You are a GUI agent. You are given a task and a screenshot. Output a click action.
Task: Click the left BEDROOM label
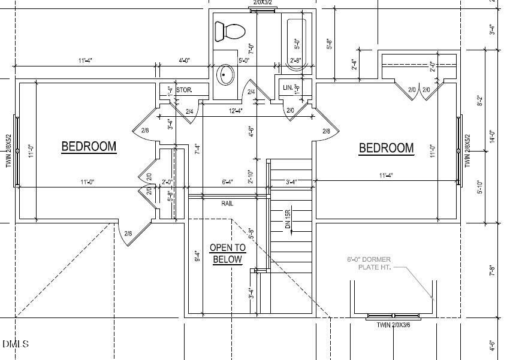coord(89,146)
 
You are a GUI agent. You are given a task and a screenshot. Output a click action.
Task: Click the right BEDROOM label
coord(386,148)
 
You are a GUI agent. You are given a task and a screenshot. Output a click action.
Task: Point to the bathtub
coord(297,44)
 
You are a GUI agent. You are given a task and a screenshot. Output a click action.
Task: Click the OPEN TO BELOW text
coord(227,253)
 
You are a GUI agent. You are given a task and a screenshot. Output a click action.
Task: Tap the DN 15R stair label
coord(288,220)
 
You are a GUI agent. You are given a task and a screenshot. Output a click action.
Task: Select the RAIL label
coord(227,204)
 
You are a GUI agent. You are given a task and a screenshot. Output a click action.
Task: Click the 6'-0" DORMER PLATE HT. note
coord(369,264)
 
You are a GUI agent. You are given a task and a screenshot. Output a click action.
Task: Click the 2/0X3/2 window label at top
coord(262,3)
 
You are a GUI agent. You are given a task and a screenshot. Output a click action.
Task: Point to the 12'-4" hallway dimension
coord(236,110)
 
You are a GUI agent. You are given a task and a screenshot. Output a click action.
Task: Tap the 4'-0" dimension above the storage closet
coord(184,60)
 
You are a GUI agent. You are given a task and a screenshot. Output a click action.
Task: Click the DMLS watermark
coord(16,344)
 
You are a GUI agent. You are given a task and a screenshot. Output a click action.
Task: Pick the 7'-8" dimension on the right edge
coord(492,270)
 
